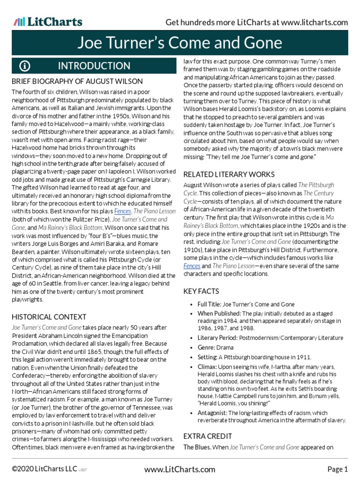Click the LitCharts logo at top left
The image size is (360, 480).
coord(47,22)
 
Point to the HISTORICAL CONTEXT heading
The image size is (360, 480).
coord(49,317)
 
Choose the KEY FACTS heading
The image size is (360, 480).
coord(202,291)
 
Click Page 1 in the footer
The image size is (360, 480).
coord(337,469)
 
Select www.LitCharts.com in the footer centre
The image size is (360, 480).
coord(180,469)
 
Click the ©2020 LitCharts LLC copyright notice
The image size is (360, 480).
coord(39,469)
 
